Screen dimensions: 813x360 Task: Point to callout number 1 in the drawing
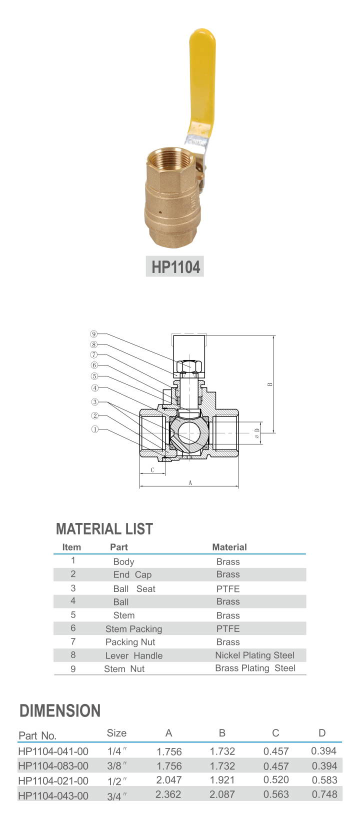[x=94, y=428]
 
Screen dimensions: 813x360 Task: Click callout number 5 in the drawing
[x=94, y=376]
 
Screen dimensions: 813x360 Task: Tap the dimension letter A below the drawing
[x=190, y=483]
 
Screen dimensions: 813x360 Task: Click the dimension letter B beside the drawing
[x=269, y=384]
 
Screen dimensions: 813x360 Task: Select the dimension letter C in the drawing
[x=152, y=470]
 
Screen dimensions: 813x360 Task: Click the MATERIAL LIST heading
[x=104, y=528]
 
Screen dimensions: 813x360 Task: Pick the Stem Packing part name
[x=133, y=628]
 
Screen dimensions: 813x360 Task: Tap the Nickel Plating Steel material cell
[x=254, y=655]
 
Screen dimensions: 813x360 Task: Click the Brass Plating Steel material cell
[x=255, y=668]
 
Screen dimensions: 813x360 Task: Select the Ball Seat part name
[x=134, y=588]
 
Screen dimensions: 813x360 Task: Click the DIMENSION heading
[x=59, y=710]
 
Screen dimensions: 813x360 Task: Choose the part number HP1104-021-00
[x=53, y=780]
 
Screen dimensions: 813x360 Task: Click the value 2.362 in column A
[x=168, y=794]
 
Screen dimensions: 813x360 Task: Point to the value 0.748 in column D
[x=324, y=794]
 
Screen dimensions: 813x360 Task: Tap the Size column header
[x=116, y=733]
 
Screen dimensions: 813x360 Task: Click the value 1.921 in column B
[x=222, y=780]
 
